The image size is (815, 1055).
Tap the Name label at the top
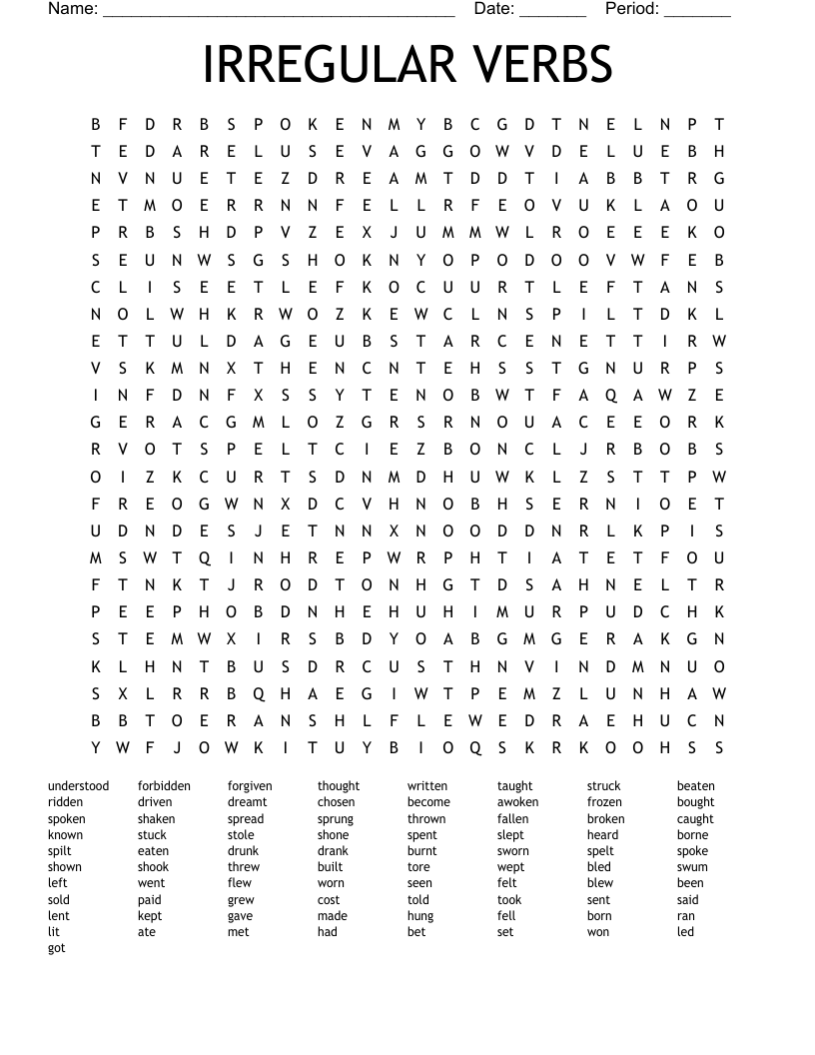pos(73,9)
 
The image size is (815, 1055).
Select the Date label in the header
pos(494,9)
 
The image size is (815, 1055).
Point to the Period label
pos(632,9)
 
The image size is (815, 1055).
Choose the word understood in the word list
pos(79,786)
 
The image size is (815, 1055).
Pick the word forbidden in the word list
pos(164,786)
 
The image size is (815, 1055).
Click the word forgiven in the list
pos(250,786)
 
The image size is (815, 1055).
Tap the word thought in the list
pos(339,786)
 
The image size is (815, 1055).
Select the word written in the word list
pos(427,786)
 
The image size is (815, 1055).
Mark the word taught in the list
pos(515,786)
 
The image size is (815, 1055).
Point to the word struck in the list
pos(604,786)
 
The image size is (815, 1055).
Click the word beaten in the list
pos(696,786)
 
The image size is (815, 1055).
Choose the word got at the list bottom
pos(57,948)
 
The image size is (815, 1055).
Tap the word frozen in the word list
pos(604,802)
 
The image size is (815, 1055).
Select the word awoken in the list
pos(517,802)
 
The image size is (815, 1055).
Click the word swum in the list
pos(692,867)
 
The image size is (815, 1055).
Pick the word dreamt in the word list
pos(248,802)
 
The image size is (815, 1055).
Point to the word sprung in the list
pos(336,819)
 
